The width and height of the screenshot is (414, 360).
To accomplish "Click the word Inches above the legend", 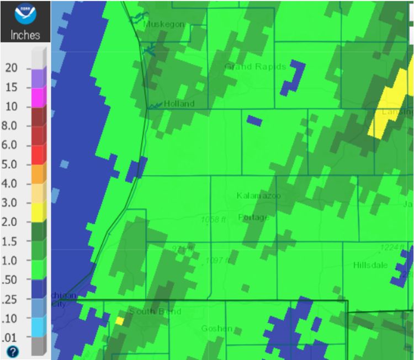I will point(25,35).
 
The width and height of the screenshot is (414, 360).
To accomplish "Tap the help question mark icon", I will point(11,351).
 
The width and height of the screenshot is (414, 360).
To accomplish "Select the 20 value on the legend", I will point(11,68).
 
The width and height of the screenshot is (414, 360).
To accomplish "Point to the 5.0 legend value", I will point(11,164).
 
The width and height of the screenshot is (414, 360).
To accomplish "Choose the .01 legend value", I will point(11,337).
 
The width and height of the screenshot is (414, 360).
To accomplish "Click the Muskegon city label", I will point(163,24).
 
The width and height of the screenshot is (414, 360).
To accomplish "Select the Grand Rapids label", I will point(255,67).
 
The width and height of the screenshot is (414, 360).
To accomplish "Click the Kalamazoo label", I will point(258,196).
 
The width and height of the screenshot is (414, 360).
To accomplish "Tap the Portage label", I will point(253,217).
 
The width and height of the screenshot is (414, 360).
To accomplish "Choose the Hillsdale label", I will point(371,265).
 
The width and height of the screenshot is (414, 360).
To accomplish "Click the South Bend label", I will point(155,312).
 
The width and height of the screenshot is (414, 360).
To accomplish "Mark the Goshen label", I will point(216,329).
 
